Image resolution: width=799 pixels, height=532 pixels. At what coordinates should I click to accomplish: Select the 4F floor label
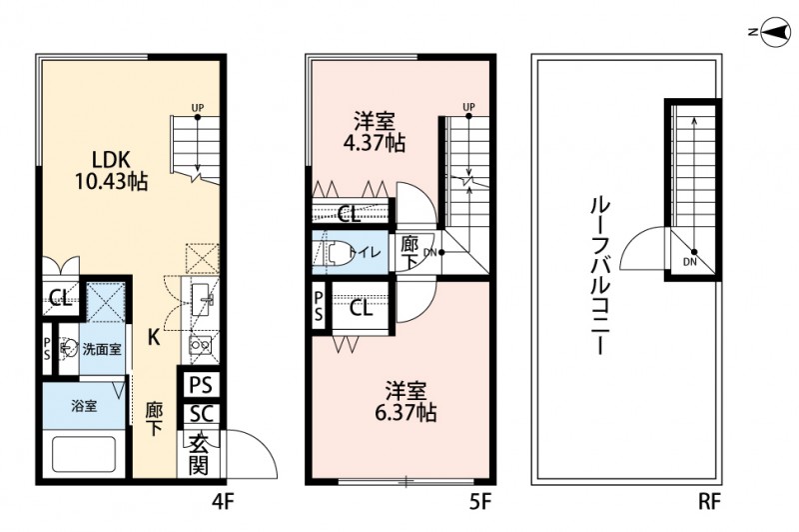[221, 498]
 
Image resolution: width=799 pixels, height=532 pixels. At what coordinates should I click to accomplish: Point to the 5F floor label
[478, 498]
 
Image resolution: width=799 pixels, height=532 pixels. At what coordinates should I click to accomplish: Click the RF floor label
[708, 498]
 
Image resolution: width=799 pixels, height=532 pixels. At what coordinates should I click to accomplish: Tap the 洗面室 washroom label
[101, 349]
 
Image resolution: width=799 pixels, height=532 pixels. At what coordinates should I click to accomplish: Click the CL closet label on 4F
[59, 297]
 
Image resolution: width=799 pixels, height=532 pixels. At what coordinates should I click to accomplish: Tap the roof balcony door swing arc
[644, 250]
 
